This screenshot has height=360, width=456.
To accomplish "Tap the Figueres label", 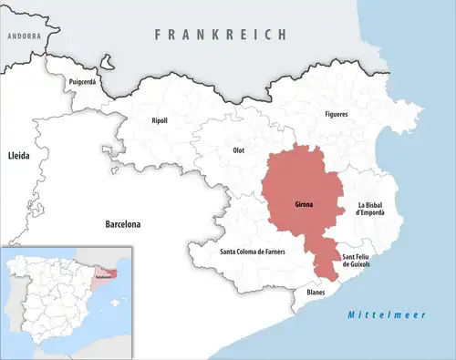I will click(337, 114).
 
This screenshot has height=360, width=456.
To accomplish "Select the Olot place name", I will click(239, 149).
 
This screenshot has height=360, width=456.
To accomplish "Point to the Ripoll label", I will click(160, 120).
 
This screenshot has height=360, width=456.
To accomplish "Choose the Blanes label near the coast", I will click(316, 292).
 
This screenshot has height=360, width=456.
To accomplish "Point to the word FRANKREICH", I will click(220, 34).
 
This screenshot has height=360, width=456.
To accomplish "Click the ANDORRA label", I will click(24, 36).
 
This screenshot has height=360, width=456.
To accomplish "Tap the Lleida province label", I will click(19, 156).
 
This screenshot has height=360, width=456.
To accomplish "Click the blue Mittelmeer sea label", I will click(375, 315).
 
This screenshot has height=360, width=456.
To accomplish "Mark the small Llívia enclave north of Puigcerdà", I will click(108, 65).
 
